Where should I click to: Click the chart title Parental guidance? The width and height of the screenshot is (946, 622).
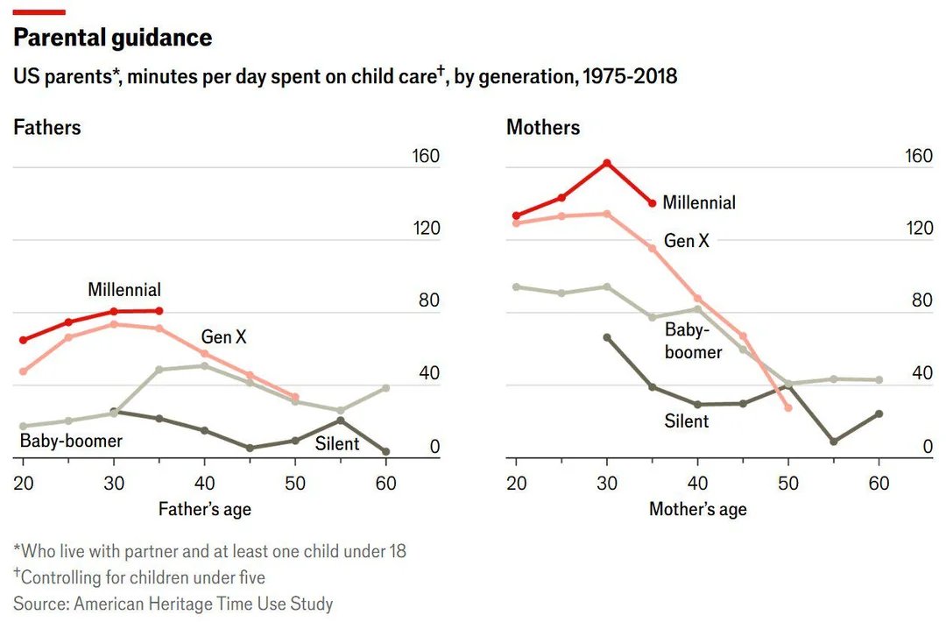tap(113, 38)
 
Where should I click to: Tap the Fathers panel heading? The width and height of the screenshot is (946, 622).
tap(47, 127)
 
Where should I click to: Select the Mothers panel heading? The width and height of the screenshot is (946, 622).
tap(543, 127)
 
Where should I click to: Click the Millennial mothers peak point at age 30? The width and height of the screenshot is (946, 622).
tap(607, 163)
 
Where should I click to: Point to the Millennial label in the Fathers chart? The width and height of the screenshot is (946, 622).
tap(124, 290)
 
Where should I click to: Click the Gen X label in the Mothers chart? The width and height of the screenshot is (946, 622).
tap(687, 241)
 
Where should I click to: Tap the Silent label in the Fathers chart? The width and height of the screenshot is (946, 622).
tap(336, 444)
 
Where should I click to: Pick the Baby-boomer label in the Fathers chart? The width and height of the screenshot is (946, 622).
tap(71, 441)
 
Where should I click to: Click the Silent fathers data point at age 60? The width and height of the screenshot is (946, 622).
tap(386, 451)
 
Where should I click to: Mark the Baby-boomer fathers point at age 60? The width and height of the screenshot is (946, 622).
tap(386, 388)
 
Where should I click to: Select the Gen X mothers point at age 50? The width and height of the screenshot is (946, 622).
tap(788, 408)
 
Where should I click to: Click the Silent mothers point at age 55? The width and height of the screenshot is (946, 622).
tap(834, 442)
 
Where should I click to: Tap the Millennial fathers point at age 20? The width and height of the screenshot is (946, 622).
tap(24, 340)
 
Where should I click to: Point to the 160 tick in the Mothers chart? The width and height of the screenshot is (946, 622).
tap(919, 156)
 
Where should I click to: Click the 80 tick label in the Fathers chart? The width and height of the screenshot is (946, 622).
tap(429, 300)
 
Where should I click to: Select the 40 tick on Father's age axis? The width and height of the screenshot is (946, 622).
tap(204, 484)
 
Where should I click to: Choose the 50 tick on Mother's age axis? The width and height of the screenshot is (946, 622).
tap(788, 484)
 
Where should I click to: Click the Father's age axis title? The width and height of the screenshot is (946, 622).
tap(204, 509)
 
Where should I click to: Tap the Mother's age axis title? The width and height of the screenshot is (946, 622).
tap(698, 509)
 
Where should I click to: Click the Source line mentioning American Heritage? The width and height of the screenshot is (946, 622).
tap(173, 604)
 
